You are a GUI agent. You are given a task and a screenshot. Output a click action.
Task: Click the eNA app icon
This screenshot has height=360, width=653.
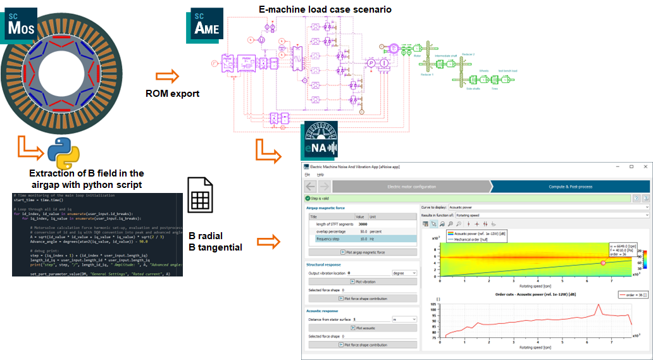pos(320,142)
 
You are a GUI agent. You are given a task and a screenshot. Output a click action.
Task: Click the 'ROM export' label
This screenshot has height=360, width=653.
pos(171,94)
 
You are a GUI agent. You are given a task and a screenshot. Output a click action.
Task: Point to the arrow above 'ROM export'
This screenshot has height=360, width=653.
pos(168,76)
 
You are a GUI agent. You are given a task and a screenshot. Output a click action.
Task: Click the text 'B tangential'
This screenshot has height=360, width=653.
pos(215,247)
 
